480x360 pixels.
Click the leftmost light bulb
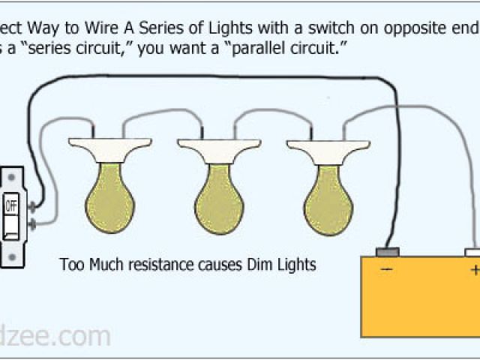[x=109, y=196]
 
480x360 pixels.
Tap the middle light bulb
[x=217, y=196]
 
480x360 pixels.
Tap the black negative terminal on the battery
[x=387, y=252]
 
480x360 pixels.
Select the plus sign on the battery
[x=474, y=269]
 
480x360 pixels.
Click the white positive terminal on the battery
[x=473, y=252]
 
